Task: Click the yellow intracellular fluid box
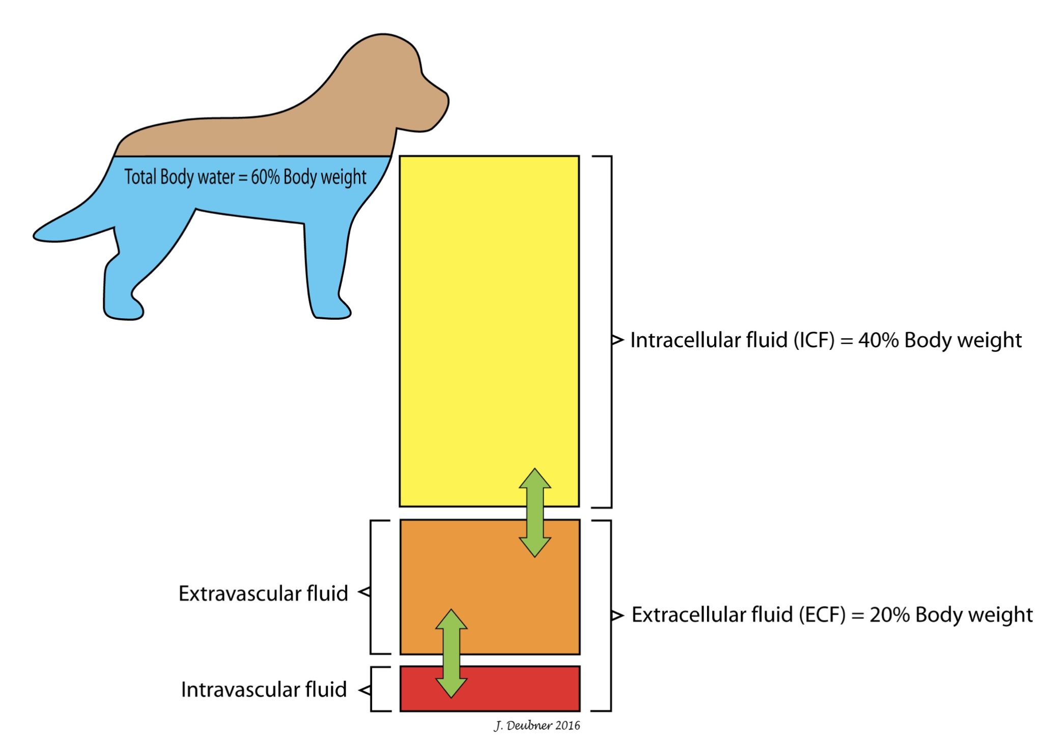click(489, 306)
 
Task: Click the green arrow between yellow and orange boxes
click(534, 512)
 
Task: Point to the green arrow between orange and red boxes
click(451, 653)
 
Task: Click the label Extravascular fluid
click(263, 594)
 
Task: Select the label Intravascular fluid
click(264, 690)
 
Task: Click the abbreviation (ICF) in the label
click(814, 340)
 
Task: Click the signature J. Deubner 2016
click(537, 725)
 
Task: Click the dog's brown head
click(402, 81)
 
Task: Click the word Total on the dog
click(140, 177)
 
